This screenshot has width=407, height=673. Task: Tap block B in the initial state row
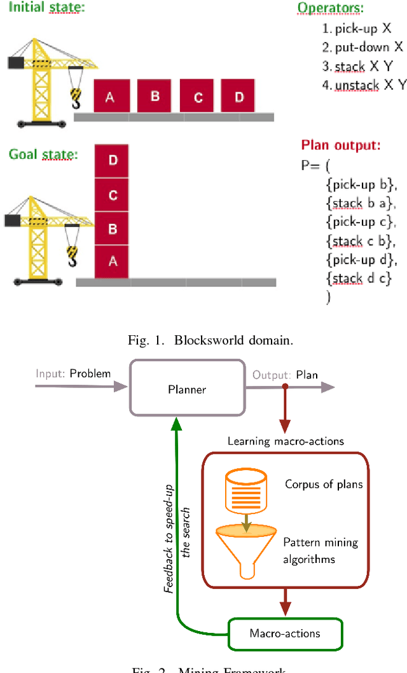(155, 95)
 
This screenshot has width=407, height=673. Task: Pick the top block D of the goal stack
(112, 161)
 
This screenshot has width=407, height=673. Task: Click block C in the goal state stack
(112, 195)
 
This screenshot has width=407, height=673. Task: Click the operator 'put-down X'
(362, 47)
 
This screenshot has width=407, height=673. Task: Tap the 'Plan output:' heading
(340, 146)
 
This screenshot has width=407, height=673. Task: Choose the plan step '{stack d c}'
(358, 278)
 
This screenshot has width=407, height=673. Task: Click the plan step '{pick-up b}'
(361, 185)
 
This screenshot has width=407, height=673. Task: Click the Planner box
(187, 387)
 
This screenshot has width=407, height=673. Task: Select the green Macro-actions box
(284, 633)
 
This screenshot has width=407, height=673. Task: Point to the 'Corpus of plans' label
(324, 484)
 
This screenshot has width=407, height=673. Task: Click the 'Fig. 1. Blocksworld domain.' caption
(210, 340)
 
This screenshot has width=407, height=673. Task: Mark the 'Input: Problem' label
(73, 373)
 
